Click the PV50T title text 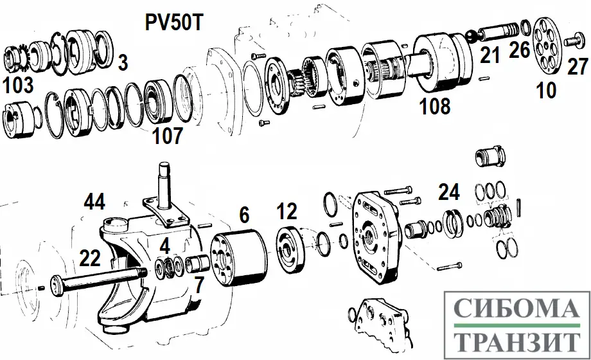(x=174, y=22)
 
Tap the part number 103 (x=18, y=85)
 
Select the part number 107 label (x=168, y=136)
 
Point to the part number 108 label (x=435, y=106)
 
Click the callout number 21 (x=490, y=55)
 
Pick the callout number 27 (x=578, y=66)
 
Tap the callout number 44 (x=94, y=202)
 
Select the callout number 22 (x=90, y=258)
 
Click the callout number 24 (x=449, y=192)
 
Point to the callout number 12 (x=287, y=212)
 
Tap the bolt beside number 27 (x=575, y=40)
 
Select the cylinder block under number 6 (x=240, y=261)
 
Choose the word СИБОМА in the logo (x=517, y=308)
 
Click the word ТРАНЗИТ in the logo (x=517, y=341)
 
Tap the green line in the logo (x=517, y=325)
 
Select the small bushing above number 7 (x=198, y=263)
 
